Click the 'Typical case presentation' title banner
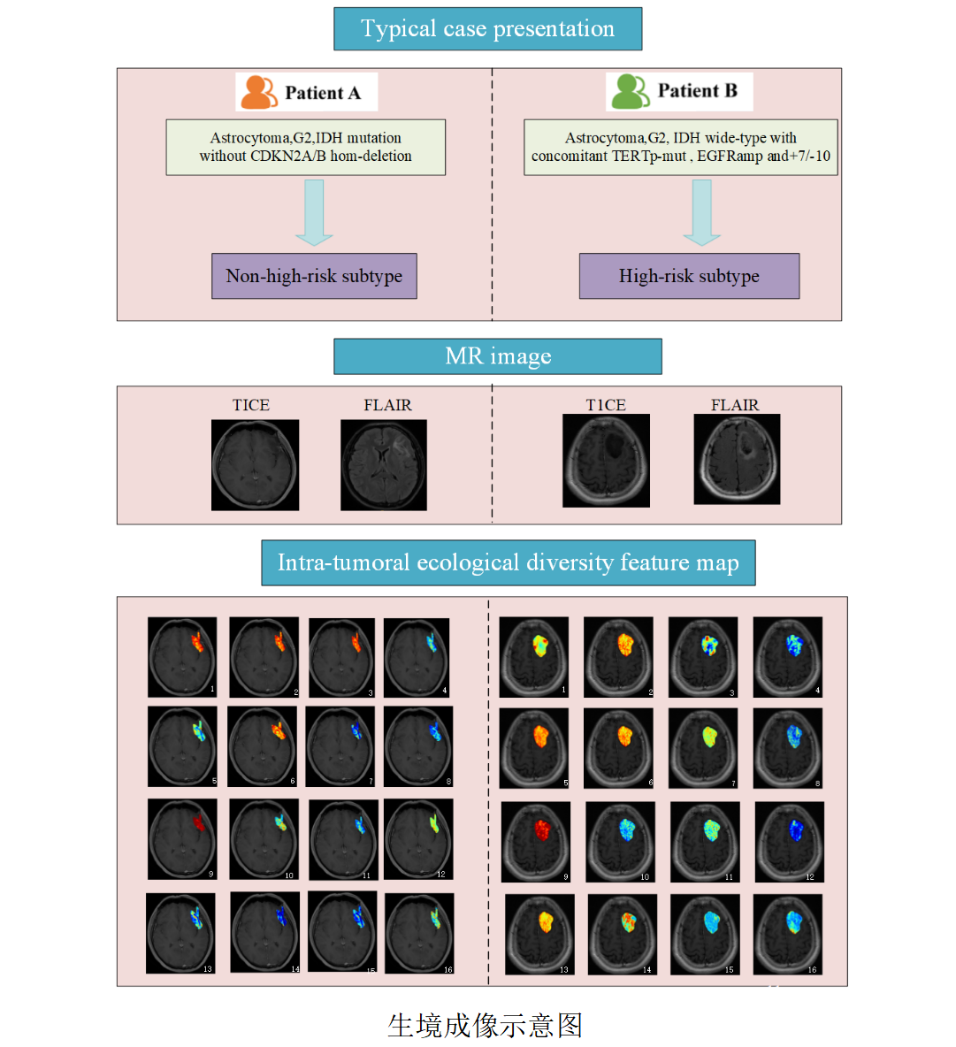tap(487, 29)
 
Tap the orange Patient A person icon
tap(259, 92)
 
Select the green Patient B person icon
tap(631, 91)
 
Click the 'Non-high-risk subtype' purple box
tap(314, 276)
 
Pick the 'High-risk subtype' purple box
tap(689, 276)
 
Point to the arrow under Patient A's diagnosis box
tap(314, 212)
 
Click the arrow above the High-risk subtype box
tap(702, 212)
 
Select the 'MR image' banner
tap(497, 356)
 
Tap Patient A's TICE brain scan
tap(255, 465)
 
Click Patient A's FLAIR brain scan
tap(384, 465)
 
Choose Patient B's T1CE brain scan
tap(606, 461)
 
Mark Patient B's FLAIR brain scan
tap(737, 460)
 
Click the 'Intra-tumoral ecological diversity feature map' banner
tap(508, 563)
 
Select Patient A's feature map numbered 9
tap(182, 839)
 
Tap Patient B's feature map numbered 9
tap(536, 842)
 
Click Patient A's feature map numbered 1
tap(182, 657)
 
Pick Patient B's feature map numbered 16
tap(787, 934)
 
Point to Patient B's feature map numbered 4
tap(787, 657)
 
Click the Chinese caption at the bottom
tap(485, 1026)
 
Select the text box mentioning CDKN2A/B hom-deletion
tap(305, 147)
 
